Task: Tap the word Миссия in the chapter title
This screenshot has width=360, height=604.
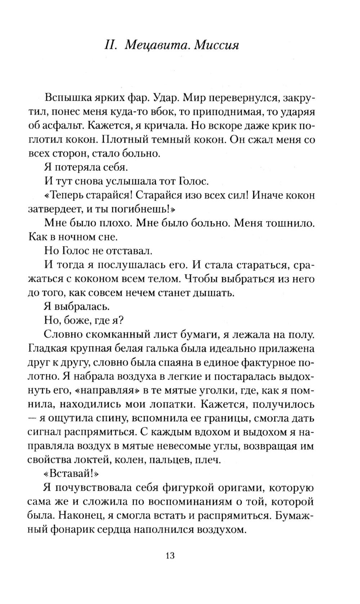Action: (217, 46)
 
